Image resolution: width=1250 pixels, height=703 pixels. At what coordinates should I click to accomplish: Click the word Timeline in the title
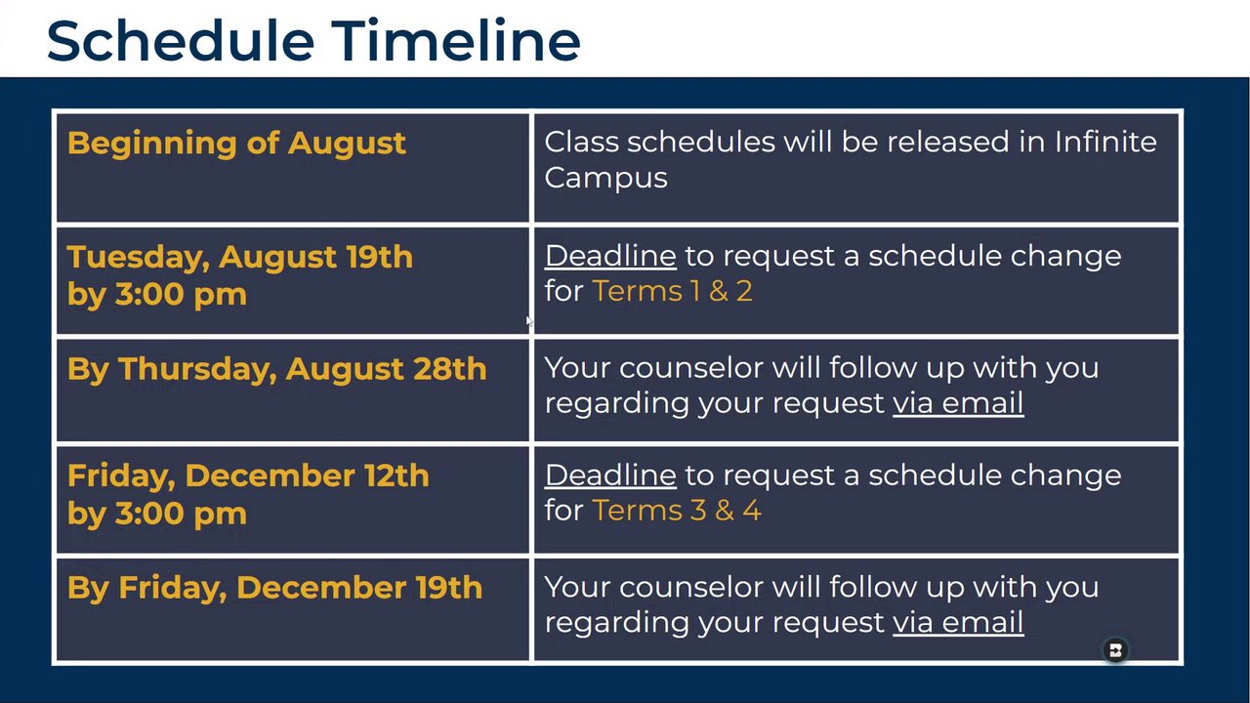pos(456,40)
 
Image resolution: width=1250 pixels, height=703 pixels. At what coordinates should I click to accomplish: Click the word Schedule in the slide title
pos(181,40)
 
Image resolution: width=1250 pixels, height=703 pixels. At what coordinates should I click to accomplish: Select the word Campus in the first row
pos(605,179)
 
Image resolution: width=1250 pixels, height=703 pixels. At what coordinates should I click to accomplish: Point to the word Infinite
pos(1105,142)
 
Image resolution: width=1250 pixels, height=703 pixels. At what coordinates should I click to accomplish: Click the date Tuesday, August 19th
pos(240,257)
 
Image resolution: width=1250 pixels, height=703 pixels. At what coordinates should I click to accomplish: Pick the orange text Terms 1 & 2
pos(672,291)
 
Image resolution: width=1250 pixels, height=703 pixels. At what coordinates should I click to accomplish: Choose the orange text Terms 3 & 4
pos(677,510)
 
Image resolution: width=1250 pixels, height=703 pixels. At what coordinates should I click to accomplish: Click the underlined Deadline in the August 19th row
pos(610,256)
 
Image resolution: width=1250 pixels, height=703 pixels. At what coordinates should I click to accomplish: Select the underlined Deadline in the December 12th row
pos(610,476)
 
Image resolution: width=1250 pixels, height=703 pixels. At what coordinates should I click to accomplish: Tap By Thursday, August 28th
pos(276,369)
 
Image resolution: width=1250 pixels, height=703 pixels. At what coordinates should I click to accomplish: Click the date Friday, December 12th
pos(248,476)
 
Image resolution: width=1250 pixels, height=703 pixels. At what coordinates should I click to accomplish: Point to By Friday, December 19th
pos(274,588)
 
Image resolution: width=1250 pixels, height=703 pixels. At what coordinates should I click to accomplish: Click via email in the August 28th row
pos(958,403)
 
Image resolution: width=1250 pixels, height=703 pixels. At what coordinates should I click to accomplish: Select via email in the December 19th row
pos(958,622)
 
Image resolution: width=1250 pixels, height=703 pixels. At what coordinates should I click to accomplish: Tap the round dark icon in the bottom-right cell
pos(1115,650)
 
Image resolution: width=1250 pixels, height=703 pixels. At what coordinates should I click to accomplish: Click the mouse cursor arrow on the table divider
pos(529,322)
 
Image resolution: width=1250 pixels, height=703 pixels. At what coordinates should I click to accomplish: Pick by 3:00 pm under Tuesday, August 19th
pos(157,295)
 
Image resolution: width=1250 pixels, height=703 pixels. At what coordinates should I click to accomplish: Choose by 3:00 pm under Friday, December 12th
pos(157,514)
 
